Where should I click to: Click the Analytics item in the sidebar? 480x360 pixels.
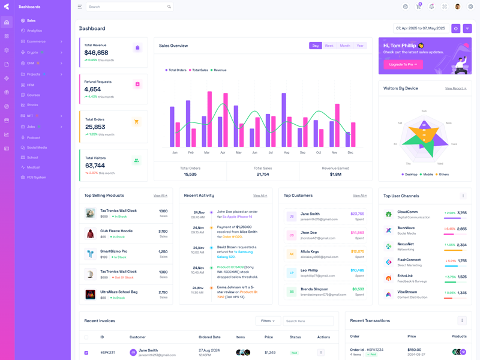pos(34,31)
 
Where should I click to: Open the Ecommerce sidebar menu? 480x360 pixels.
pos(36,41)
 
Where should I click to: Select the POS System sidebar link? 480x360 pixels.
pos(36,177)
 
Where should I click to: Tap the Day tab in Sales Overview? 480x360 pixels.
pos(316,46)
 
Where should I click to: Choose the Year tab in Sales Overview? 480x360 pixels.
pos(360,46)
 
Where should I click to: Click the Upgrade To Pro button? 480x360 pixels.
pos(403,64)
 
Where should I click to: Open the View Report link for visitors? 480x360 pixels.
pos(455,88)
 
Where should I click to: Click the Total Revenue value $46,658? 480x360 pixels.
pos(96,53)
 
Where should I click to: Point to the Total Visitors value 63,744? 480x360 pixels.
pos(95,166)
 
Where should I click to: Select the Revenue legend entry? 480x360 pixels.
pos(220,70)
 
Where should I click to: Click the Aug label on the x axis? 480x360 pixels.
pos(286,152)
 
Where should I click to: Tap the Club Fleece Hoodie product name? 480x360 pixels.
pos(116,231)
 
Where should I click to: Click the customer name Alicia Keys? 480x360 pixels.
pos(310,251)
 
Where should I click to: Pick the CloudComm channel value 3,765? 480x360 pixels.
pos(462,212)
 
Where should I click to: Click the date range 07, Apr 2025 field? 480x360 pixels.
pos(420,28)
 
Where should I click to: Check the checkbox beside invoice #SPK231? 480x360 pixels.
pos(86,353)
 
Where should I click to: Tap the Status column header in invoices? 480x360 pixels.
pos(295,337)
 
